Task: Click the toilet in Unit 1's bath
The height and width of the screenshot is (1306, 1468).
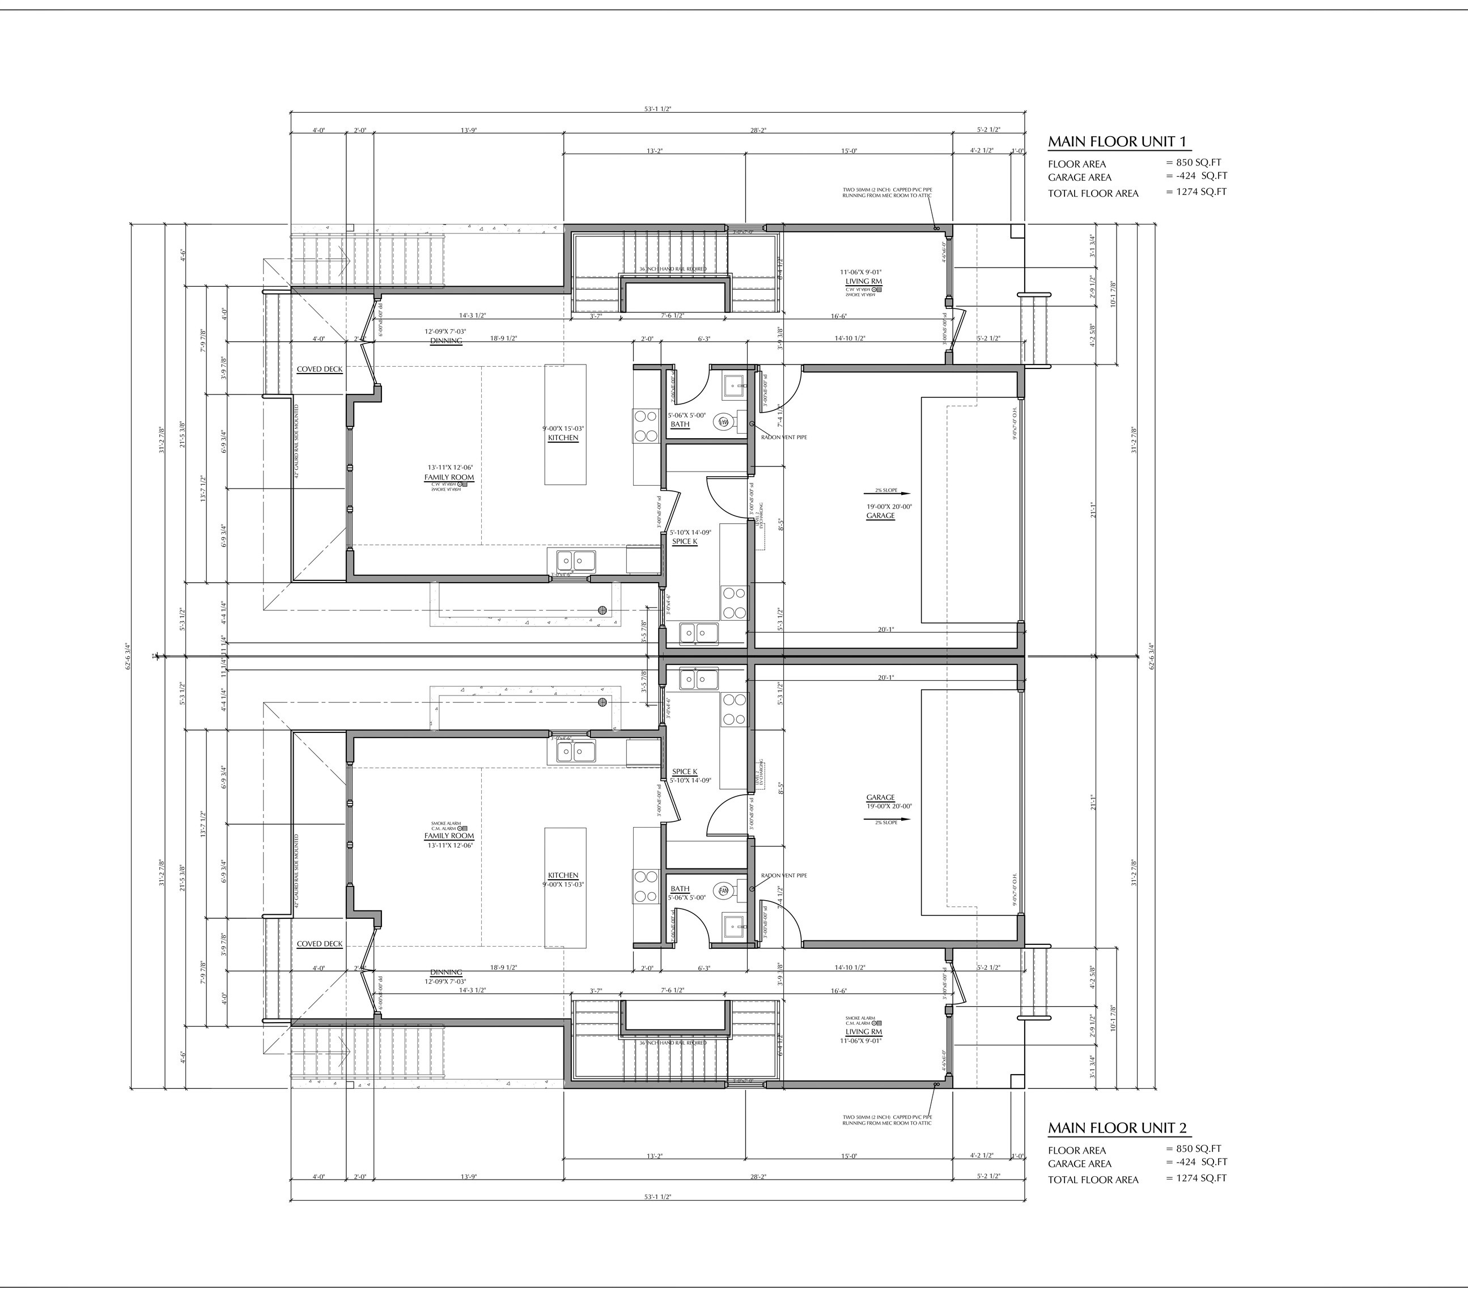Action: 723,423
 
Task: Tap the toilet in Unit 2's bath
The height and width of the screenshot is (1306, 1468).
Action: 723,891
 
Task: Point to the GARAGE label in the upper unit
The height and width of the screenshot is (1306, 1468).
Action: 880,515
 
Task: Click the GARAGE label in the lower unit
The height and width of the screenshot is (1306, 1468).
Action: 880,798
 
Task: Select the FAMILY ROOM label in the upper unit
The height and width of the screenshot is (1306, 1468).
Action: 449,477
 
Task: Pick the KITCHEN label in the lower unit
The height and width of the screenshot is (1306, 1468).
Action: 563,876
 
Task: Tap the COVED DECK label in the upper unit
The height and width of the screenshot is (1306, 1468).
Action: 320,369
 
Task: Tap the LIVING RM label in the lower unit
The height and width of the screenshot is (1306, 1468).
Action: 863,1032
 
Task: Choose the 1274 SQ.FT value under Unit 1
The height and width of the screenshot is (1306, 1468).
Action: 1197,192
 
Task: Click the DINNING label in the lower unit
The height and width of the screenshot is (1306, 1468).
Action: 446,972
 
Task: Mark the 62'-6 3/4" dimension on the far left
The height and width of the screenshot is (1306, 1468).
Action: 129,656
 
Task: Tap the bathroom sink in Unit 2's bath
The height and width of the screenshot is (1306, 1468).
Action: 734,925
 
